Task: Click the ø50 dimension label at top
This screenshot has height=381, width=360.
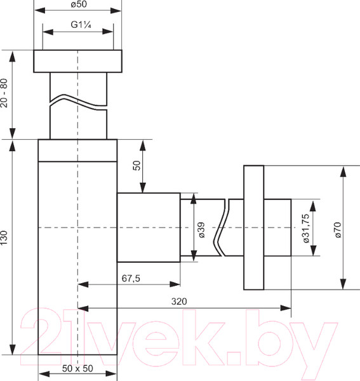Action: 77,5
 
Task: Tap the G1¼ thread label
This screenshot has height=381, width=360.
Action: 77,25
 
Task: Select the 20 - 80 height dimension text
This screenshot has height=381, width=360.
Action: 5,93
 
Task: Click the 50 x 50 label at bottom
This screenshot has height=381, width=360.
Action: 77,369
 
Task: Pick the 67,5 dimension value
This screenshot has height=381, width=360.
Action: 130,278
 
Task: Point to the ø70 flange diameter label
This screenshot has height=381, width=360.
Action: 338,227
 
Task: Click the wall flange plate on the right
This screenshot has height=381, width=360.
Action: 253,227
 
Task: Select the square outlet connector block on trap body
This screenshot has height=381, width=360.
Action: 147,227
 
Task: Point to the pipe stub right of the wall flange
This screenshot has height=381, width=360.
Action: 277,227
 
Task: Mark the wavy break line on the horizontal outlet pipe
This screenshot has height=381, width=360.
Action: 222,227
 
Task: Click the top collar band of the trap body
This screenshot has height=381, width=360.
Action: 77,150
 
